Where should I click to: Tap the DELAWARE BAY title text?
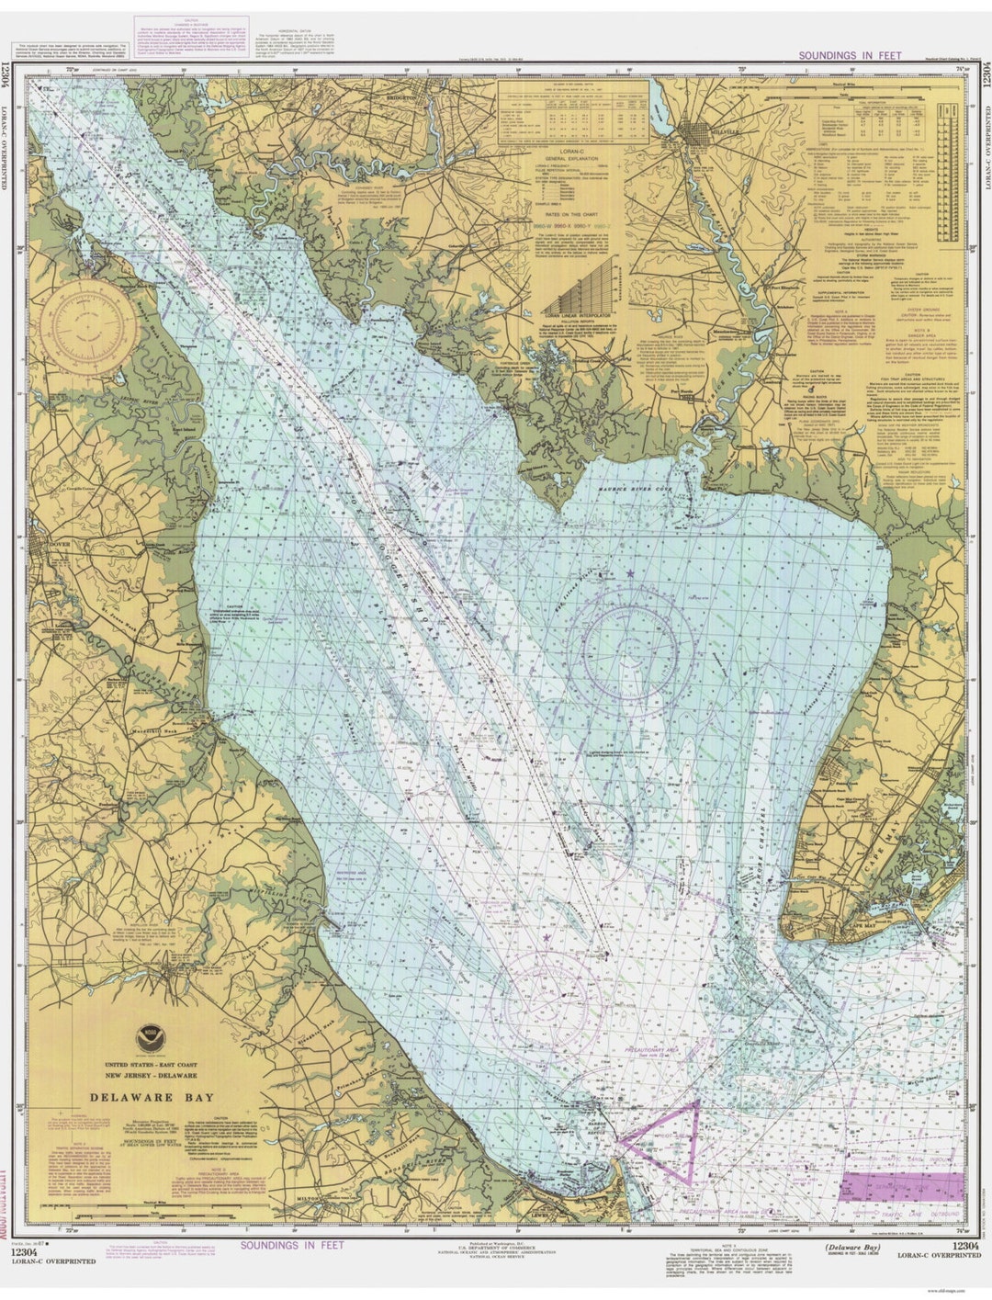pos(152,1097)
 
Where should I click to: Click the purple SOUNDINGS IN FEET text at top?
pos(850,56)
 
